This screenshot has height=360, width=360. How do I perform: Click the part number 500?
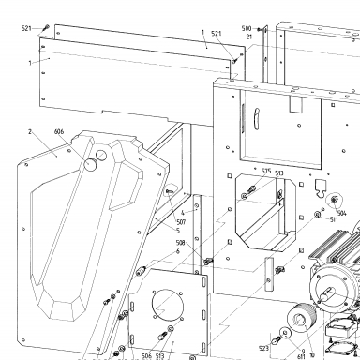pyautogui.click(x=247, y=29)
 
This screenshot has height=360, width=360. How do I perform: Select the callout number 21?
pyautogui.click(x=249, y=37)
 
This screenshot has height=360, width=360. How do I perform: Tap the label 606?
pyautogui.click(x=59, y=132)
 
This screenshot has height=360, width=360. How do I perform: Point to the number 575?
pyautogui.click(x=266, y=171)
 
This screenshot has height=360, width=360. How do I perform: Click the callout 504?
pyautogui.click(x=342, y=213)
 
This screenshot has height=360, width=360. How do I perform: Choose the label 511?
pyautogui.click(x=334, y=219)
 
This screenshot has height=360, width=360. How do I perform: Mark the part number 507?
pyautogui.click(x=181, y=222)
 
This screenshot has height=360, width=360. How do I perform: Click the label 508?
pyautogui.click(x=181, y=243)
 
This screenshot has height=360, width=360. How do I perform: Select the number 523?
pyautogui.click(x=263, y=348)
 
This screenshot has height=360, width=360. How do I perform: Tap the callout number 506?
pyautogui.click(x=146, y=355)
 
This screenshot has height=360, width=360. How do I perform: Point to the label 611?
pyautogui.click(x=301, y=356)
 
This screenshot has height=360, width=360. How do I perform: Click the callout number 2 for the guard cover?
pyautogui.click(x=30, y=132)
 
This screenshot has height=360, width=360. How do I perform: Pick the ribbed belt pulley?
pyautogui.click(x=301, y=318)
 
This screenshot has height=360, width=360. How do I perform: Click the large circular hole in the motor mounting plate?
pyautogui.click(x=167, y=304)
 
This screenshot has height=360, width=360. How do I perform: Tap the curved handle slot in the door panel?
pyautogui.click(x=256, y=119)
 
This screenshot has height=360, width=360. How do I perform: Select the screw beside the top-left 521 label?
pyautogui.click(x=47, y=27)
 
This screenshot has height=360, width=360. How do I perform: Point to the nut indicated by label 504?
pyautogui.click(x=335, y=199)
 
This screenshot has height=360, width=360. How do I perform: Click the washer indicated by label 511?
pyautogui.click(x=318, y=215)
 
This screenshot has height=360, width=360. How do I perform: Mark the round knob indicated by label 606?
pyautogui.click(x=91, y=164)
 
